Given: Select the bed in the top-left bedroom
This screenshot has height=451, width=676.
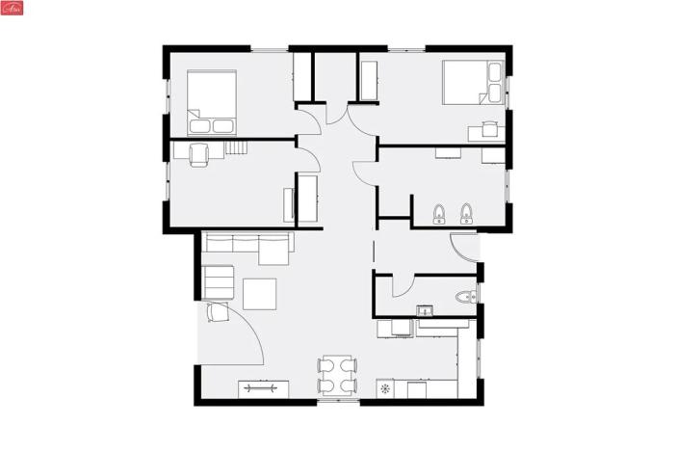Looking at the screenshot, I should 212,101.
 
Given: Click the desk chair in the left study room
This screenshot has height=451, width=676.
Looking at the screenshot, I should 199,154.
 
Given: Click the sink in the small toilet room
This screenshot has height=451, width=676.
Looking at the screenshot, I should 423,310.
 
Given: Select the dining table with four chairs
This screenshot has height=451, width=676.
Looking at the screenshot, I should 337,376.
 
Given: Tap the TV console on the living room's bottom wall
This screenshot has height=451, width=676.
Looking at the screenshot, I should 263,388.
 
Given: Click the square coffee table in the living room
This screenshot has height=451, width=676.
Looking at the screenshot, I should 259,293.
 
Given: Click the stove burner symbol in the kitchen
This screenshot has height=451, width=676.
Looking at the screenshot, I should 386,389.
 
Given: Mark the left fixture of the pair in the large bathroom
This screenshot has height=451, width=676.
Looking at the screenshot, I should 439,213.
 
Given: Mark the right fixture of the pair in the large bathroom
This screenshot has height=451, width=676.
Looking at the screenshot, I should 467,213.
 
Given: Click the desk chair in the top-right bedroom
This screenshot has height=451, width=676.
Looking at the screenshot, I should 489,126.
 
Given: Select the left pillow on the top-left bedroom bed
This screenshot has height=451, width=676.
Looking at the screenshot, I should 199,125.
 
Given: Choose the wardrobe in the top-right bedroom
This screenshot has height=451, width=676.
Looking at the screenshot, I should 368,79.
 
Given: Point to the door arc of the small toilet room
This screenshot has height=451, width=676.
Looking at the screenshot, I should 403,286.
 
